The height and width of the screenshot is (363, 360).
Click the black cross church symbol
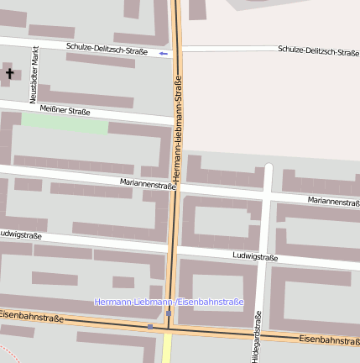(10, 74)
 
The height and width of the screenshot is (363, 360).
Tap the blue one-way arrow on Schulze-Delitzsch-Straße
(164, 54)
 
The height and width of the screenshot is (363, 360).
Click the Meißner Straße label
(65, 110)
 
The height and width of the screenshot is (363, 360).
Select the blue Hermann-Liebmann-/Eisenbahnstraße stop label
(169, 302)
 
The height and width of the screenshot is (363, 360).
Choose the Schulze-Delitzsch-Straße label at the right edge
(318, 50)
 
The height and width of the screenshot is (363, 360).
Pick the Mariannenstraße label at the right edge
(333, 202)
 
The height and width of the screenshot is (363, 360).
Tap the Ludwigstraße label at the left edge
(21, 234)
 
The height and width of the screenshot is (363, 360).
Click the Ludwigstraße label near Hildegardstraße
(255, 255)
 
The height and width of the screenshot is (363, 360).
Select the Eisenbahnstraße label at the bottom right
(330, 340)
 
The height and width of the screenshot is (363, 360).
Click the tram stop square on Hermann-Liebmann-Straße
(169, 314)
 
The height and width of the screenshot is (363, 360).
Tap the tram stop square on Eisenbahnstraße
(150, 326)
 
